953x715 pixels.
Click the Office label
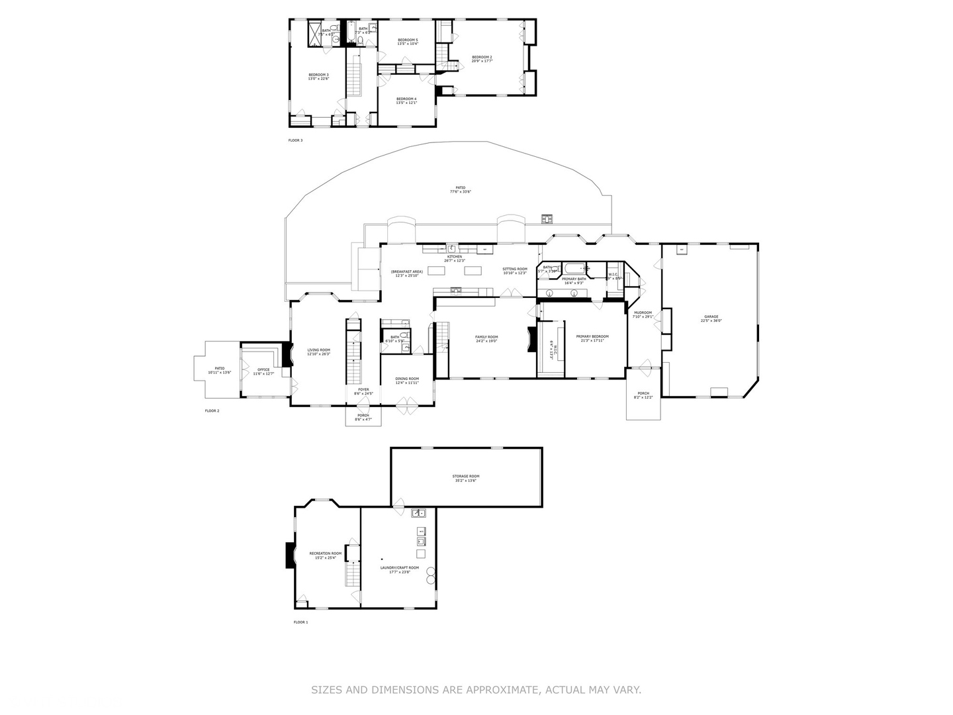tap(263, 371)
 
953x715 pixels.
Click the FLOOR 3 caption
tap(295, 140)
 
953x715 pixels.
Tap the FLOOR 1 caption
tap(300, 622)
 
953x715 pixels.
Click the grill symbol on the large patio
tap(547, 218)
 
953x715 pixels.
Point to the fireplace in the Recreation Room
tap(289, 555)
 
